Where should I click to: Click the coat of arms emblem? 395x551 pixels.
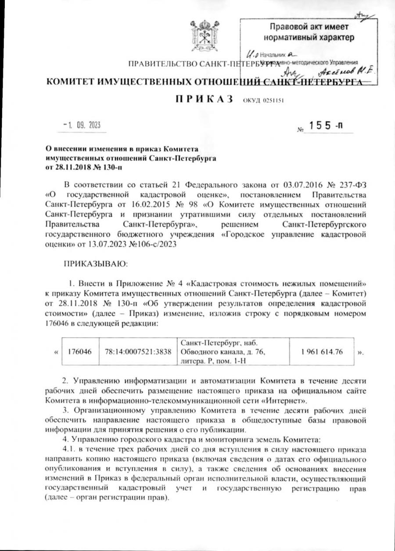click(x=203, y=35)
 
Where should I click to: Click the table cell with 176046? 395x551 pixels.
click(x=79, y=352)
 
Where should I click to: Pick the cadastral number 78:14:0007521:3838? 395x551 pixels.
click(x=138, y=352)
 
